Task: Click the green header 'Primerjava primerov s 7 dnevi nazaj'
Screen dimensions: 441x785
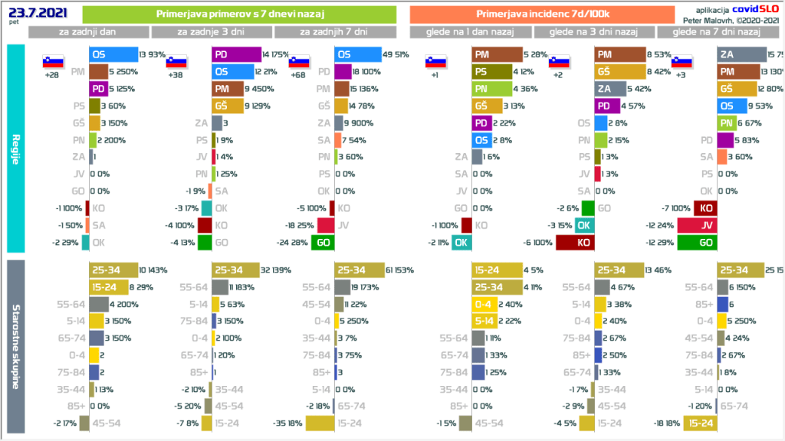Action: pyautogui.click(x=238, y=14)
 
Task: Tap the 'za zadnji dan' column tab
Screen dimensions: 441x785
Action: pyautogui.click(x=88, y=32)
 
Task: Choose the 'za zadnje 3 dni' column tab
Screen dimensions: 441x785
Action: pyautogui.click(x=212, y=32)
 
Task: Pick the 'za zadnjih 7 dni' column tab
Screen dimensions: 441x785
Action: pyautogui.click(x=335, y=32)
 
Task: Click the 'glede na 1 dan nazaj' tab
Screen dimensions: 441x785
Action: pyautogui.click(x=470, y=32)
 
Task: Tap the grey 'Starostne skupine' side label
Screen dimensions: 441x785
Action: pyautogui.click(x=17, y=347)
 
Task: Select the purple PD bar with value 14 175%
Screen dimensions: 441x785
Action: pyautogui.click(x=237, y=54)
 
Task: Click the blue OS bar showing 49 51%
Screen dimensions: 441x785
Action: pyautogui.click(x=358, y=54)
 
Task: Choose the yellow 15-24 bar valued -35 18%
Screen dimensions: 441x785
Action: pyautogui.click(x=320, y=423)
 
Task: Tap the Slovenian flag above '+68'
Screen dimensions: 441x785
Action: pyautogui.click(x=299, y=62)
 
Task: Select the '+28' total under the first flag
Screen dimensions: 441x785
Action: pyautogui.click(x=52, y=76)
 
